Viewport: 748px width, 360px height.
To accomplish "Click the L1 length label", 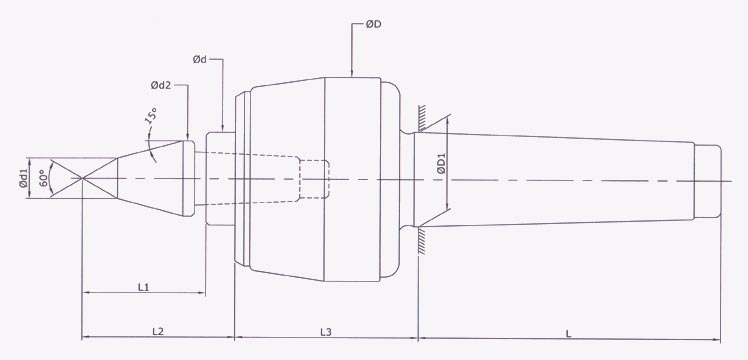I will tap(143, 287).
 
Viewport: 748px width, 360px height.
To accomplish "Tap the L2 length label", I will tap(158, 330).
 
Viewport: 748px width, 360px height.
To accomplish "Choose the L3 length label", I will tap(326, 330).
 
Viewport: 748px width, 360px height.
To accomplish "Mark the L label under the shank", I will tap(568, 330).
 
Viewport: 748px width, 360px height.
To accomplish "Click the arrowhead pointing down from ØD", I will tap(352, 71).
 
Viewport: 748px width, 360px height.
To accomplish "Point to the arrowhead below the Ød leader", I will tap(221, 126).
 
